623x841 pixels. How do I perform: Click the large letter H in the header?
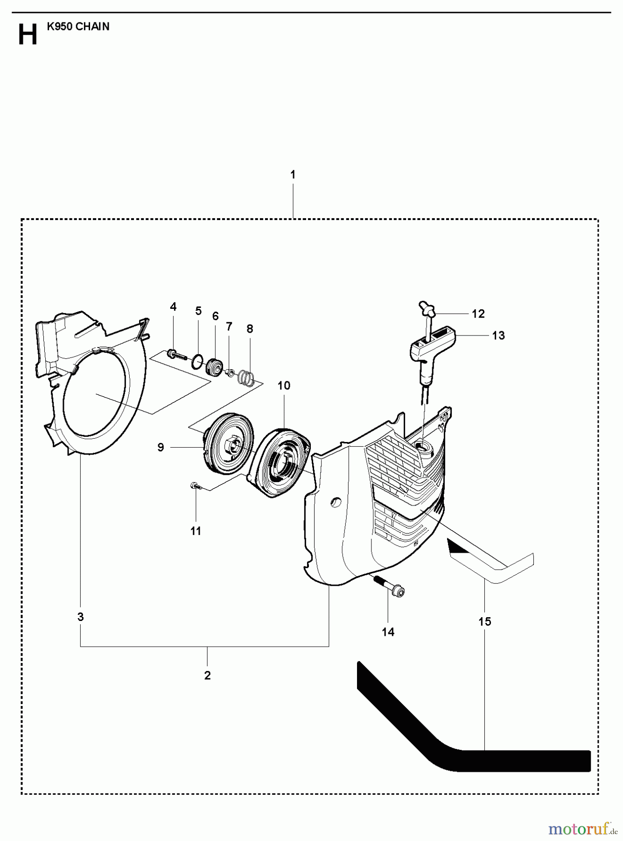[27, 35]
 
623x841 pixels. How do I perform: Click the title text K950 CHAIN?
[78, 27]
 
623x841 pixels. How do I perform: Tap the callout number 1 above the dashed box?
[293, 175]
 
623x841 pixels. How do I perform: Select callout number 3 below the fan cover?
[80, 617]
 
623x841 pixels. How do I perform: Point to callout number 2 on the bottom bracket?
[207, 675]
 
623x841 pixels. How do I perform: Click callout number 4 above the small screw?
[173, 307]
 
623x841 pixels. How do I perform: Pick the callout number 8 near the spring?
[250, 328]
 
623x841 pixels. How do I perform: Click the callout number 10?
[284, 385]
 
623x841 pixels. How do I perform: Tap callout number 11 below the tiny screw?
[196, 531]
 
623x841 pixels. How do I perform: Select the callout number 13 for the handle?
[498, 335]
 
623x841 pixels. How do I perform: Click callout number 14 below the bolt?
[388, 632]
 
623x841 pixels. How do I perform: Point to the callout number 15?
[485, 621]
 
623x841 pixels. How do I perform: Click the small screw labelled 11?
[195, 487]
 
